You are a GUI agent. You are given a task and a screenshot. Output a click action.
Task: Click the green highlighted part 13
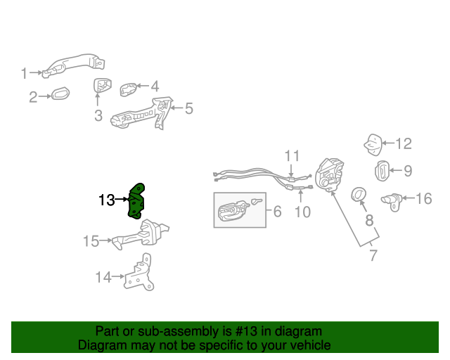click(136, 202)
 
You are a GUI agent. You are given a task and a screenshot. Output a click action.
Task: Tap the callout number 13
click(106, 200)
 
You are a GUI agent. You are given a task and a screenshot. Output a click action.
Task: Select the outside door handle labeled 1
click(73, 65)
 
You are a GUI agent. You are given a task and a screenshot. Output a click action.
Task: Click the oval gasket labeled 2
click(60, 93)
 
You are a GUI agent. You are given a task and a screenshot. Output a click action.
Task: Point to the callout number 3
click(98, 115)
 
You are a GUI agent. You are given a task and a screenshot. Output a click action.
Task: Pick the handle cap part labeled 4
click(128, 89)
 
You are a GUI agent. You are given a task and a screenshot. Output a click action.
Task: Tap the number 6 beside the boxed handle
click(278, 212)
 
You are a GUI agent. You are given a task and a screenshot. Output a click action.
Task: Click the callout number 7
click(373, 255)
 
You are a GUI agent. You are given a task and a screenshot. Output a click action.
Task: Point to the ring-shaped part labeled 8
click(359, 195)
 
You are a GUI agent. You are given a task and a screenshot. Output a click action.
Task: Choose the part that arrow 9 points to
click(382, 171)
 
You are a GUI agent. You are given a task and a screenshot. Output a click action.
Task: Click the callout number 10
click(303, 212)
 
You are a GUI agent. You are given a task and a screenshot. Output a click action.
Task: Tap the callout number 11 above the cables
click(292, 156)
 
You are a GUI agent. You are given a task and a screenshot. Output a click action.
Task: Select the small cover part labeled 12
click(373, 145)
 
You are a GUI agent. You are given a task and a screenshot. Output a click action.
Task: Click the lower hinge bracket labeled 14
click(139, 274)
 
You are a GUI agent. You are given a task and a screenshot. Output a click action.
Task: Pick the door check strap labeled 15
click(141, 235)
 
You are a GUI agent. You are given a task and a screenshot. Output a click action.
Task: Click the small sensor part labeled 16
click(392, 202)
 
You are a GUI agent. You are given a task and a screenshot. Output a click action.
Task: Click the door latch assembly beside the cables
click(329, 174)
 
